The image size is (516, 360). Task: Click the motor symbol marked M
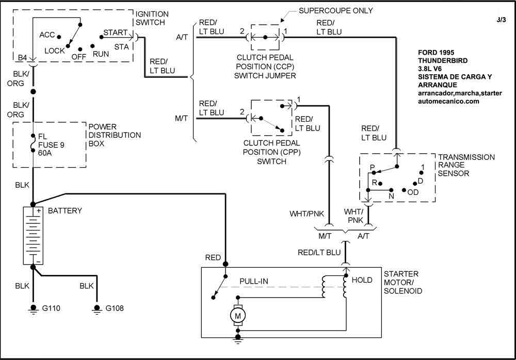click(237, 314)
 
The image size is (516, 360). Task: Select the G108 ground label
click(114, 308)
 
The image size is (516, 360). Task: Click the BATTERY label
click(65, 211)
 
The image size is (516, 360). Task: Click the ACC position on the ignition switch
click(47, 35)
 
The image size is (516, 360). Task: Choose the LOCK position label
click(55, 51)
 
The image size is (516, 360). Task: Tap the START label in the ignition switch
click(115, 32)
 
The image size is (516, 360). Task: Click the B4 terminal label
click(23, 57)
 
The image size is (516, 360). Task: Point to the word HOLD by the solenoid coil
click(362, 280)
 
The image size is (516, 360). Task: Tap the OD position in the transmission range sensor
click(413, 192)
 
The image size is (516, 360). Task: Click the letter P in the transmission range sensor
click(372, 168)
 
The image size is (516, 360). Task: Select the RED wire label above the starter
click(213, 257)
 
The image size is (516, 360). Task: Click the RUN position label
click(100, 53)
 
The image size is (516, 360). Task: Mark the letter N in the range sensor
click(391, 197)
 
